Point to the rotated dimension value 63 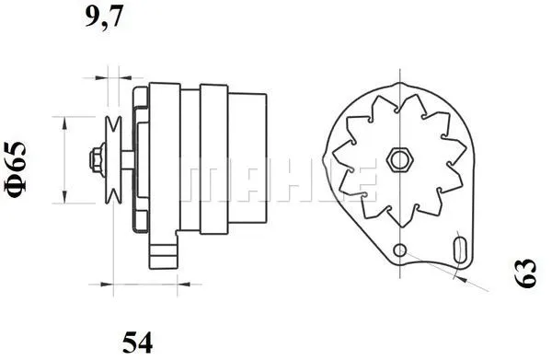(527, 273)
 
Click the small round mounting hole (398, 250)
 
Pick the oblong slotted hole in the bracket (460, 250)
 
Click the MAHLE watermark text (276, 180)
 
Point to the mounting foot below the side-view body (166, 250)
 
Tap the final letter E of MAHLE (361, 180)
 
